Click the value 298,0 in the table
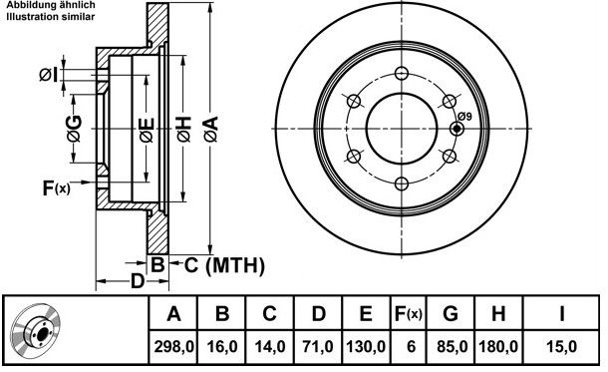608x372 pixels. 173,346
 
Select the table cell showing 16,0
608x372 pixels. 222,346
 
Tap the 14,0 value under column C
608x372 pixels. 270,346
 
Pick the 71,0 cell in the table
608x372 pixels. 318,346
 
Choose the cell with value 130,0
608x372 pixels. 366,346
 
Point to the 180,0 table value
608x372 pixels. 498,346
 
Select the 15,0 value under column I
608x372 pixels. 561,346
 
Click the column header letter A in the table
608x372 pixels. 173,313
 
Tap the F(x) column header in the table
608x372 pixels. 409,313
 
